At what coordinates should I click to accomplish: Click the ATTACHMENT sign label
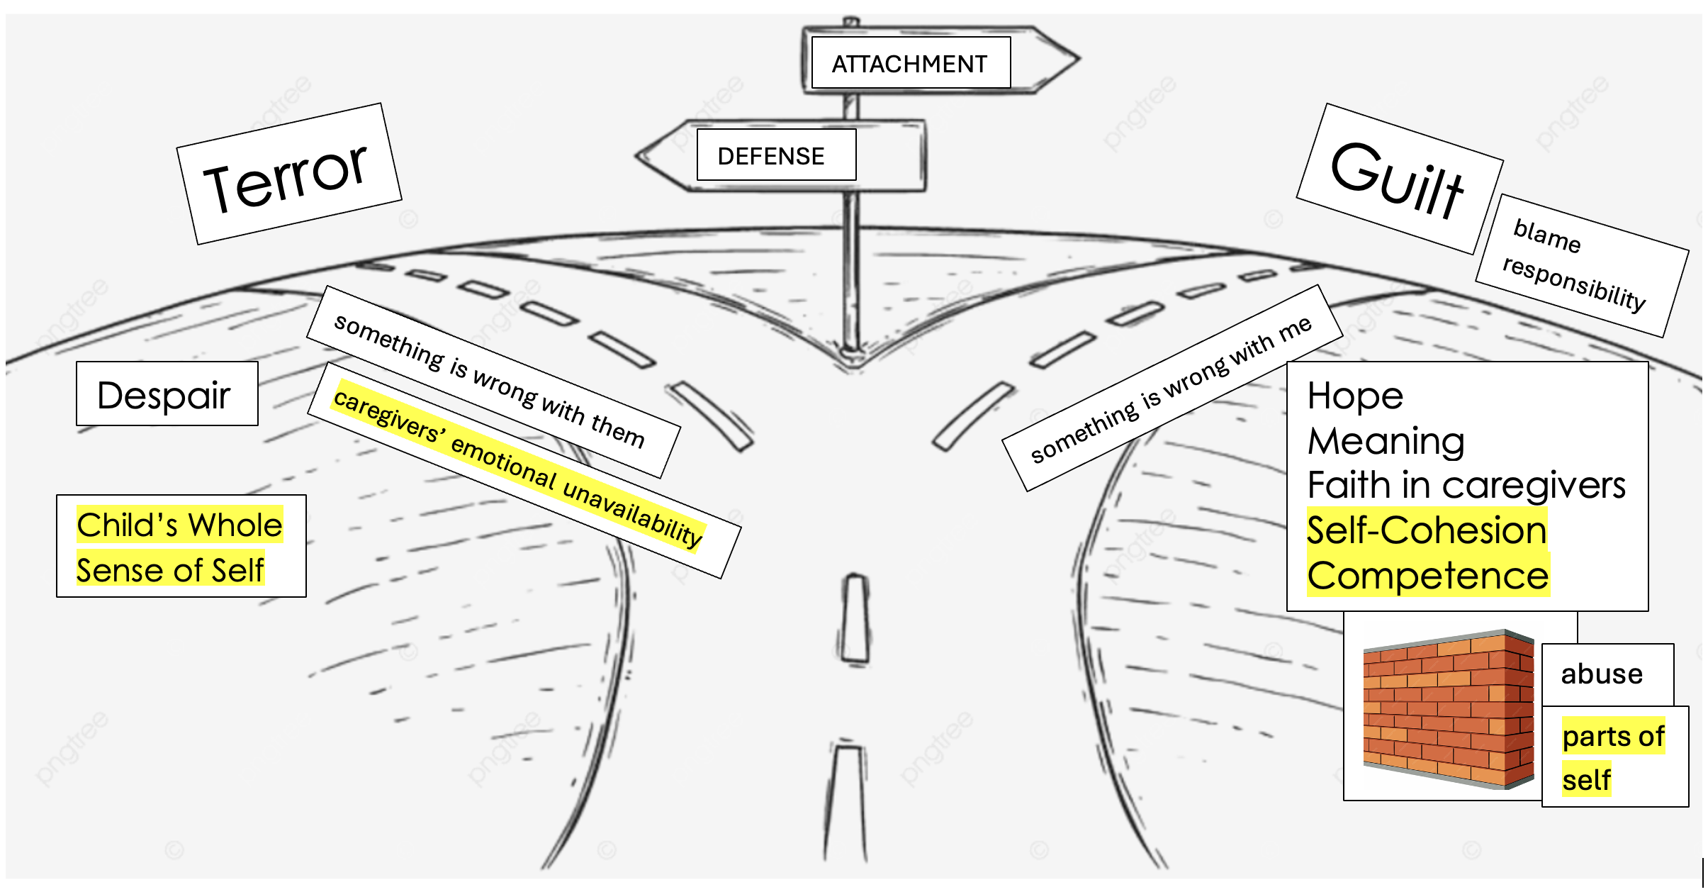coord(910,64)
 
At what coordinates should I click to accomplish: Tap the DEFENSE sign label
coord(772,155)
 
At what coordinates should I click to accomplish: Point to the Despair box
coord(165,394)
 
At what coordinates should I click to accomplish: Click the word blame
coord(1547,235)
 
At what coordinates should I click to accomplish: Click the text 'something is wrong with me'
coord(1172,390)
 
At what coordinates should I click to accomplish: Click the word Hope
coord(1355,395)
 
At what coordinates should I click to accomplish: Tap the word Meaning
coord(1386,441)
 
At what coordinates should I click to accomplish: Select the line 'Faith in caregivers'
coord(1466,486)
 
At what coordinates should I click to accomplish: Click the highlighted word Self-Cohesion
coord(1426,530)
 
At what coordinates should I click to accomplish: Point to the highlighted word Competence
coord(1427,576)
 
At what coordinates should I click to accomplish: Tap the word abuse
coord(1602,674)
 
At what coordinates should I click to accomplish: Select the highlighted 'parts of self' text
coord(1612,757)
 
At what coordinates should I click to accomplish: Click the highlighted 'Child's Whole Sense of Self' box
coord(179,547)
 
